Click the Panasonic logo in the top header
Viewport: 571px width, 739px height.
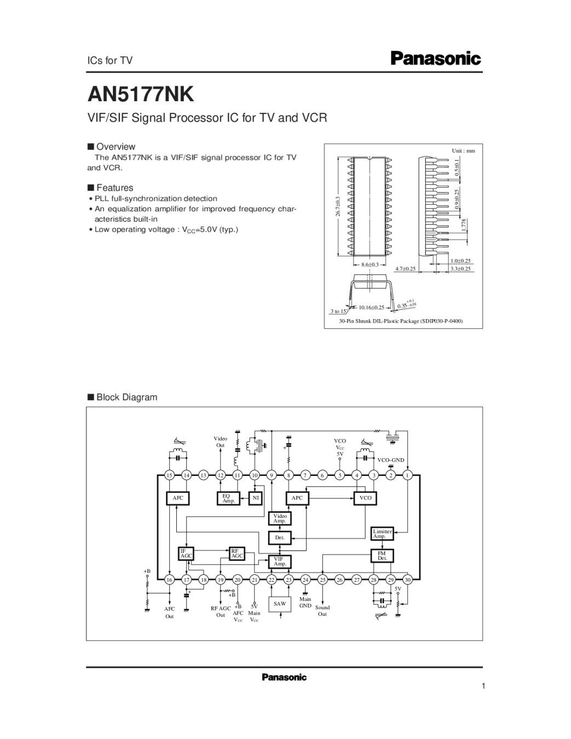click(x=435, y=59)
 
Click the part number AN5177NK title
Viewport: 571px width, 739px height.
click(x=141, y=94)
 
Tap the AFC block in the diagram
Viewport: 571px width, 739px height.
click(x=178, y=498)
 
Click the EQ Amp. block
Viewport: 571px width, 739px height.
click(x=229, y=498)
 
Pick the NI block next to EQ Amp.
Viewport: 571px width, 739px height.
click(x=255, y=498)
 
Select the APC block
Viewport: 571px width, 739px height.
click(x=297, y=498)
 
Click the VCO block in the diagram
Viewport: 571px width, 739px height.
click(x=366, y=498)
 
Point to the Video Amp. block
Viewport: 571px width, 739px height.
click(x=280, y=518)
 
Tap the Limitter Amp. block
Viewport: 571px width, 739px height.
click(x=382, y=534)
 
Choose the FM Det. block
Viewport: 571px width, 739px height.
click(x=382, y=556)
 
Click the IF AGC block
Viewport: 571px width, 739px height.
click(x=186, y=553)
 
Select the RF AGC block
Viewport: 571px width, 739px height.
click(x=237, y=553)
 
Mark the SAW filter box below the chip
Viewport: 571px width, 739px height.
click(x=280, y=604)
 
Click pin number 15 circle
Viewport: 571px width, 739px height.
click(x=169, y=475)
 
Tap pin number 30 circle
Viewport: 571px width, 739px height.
click(x=407, y=580)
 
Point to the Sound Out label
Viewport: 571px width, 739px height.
click(x=322, y=611)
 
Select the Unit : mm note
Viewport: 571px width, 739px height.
click(x=463, y=151)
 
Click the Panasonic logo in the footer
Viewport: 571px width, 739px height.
click(x=284, y=678)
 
